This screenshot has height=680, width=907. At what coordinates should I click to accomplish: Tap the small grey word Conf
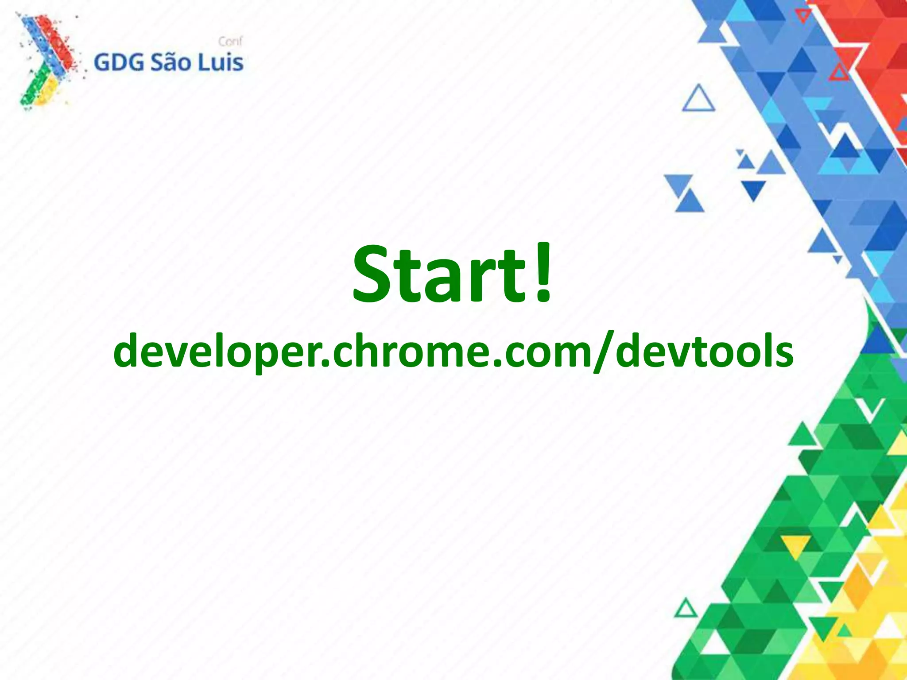pyautogui.click(x=230, y=42)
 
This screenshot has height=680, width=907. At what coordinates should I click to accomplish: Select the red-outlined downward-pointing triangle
pyautogui.click(x=802, y=16)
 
